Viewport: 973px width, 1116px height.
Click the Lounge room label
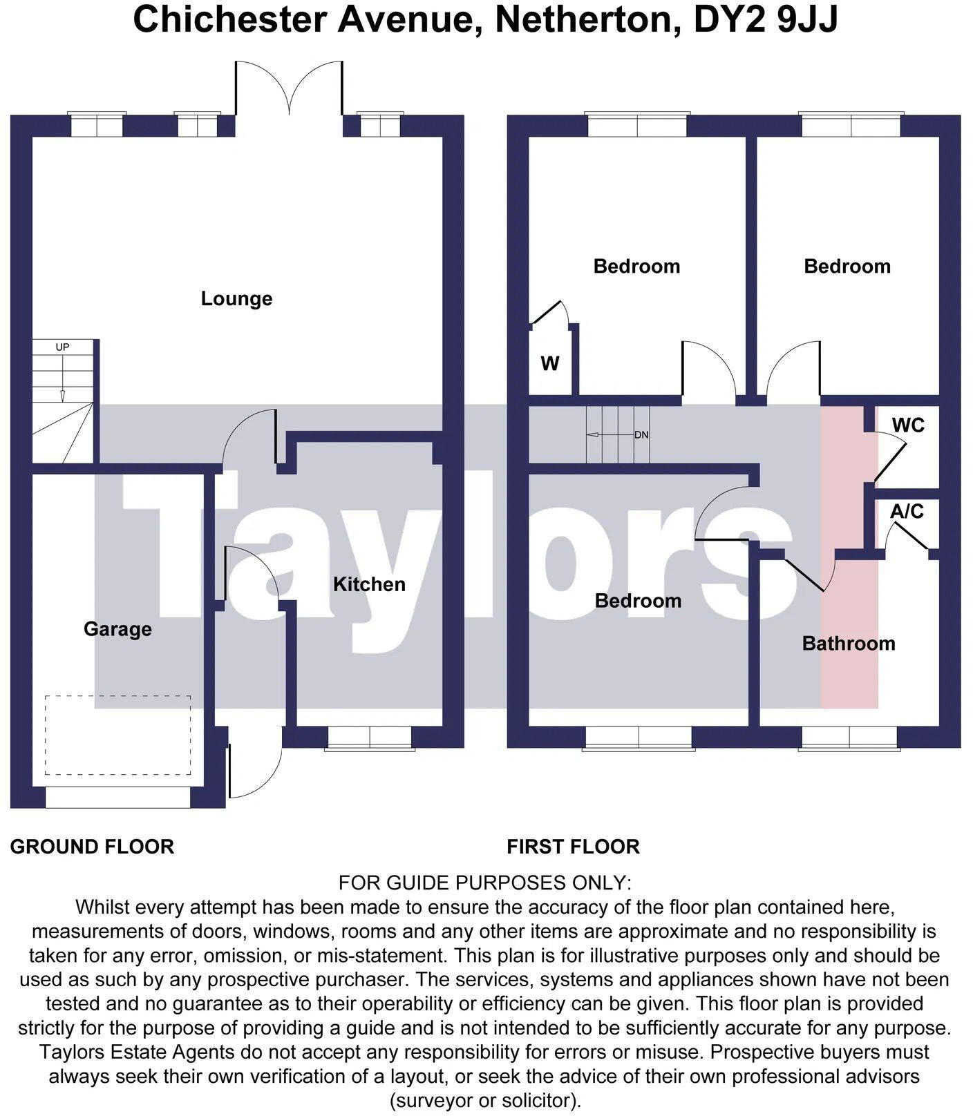(236, 299)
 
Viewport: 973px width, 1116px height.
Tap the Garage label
(117, 629)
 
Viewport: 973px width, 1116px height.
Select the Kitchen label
(369, 584)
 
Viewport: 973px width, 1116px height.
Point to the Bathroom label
(849, 644)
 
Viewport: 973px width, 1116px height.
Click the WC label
(908, 425)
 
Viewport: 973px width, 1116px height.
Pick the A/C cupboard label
(907, 511)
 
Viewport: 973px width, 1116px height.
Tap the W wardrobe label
(550, 363)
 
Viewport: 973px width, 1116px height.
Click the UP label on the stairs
(62, 347)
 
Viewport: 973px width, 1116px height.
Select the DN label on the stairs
(641, 435)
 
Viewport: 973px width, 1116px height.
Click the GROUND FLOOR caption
(92, 847)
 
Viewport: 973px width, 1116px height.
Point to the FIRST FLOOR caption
(574, 847)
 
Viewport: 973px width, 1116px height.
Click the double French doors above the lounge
(289, 88)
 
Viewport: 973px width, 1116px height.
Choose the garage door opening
(117, 798)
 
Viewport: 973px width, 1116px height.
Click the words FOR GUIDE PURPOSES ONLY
(485, 883)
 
